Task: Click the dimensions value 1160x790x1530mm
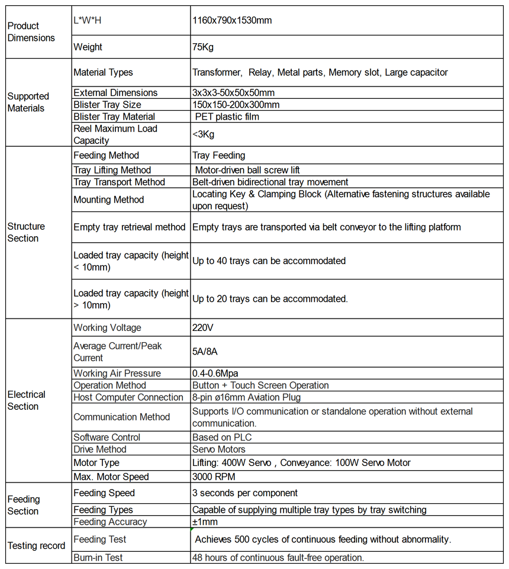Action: point(232,20)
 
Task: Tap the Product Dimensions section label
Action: point(31,32)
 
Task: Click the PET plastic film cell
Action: point(227,117)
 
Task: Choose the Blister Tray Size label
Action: point(107,105)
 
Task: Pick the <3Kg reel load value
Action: point(204,134)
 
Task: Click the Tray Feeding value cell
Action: point(218,155)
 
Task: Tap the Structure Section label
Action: point(26,232)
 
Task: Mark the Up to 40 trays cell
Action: point(269,261)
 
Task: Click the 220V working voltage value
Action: point(203,327)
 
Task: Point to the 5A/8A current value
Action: point(205,352)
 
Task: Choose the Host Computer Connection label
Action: point(128,397)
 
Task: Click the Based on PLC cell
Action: point(222,437)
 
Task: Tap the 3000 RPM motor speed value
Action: point(214,477)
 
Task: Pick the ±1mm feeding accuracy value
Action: point(205,522)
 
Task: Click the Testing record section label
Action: point(36,545)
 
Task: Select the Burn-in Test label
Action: point(98,557)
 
